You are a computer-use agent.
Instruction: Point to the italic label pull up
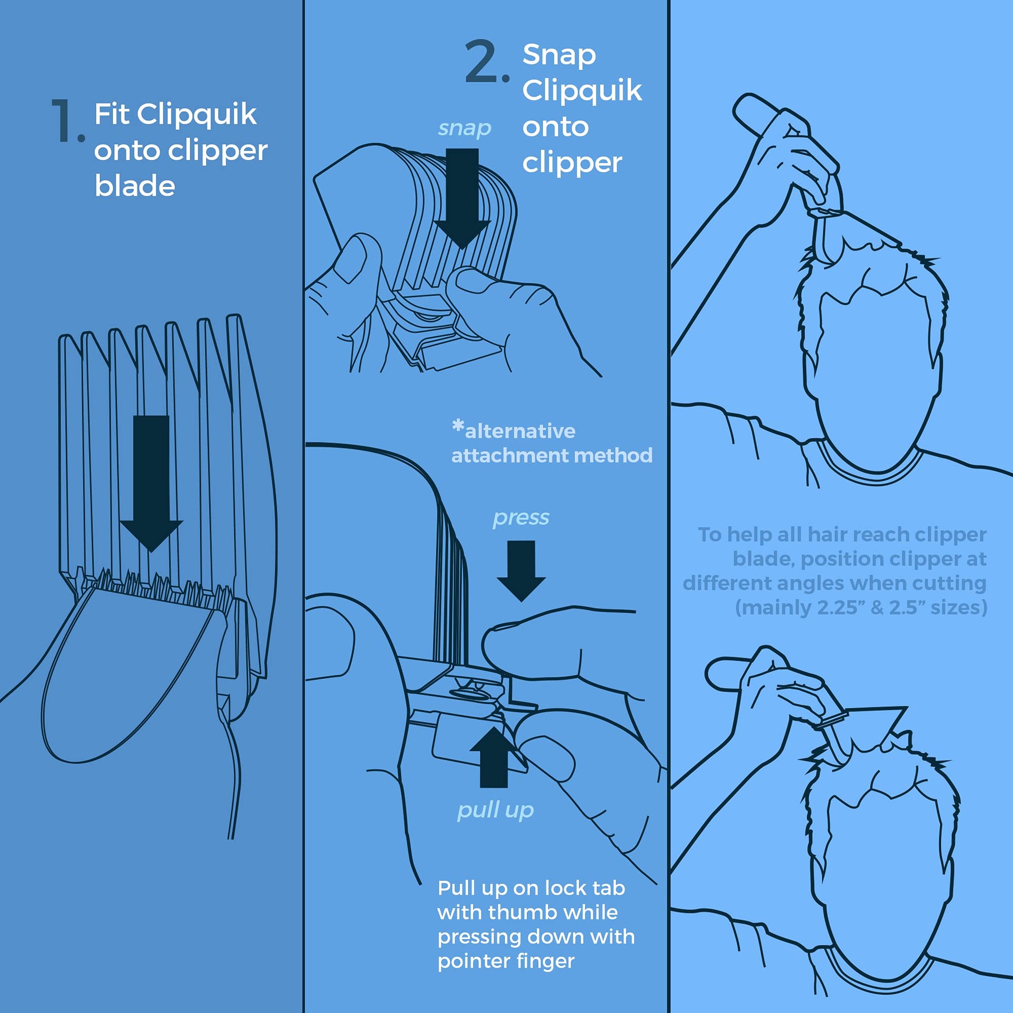click(496, 810)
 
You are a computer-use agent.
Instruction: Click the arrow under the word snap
click(462, 198)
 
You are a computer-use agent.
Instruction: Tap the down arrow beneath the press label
click(521, 571)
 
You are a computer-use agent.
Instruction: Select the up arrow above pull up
click(494, 756)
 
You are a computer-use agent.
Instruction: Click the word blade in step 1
click(135, 186)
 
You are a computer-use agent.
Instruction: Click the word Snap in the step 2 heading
click(559, 55)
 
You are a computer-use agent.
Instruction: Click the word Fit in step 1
click(111, 115)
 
